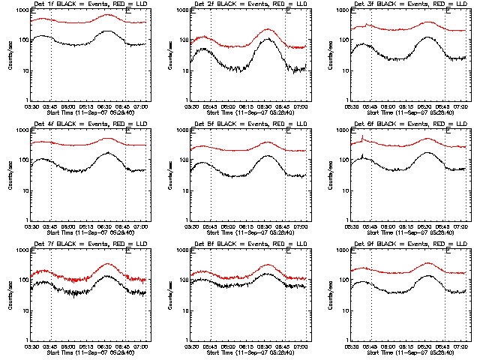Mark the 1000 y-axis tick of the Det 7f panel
[21, 250]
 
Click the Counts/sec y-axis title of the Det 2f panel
[172, 55]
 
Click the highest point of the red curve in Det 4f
[106, 138]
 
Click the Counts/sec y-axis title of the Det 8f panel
[172, 295]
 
